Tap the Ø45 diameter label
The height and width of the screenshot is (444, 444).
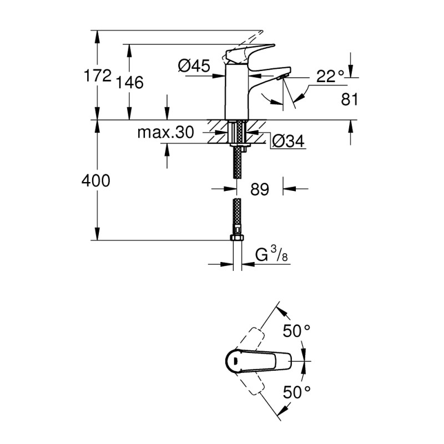194,66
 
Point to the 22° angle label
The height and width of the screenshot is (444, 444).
331,77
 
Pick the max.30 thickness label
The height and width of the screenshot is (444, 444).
165,133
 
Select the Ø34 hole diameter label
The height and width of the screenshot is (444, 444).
288,142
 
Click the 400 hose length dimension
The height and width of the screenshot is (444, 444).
95,180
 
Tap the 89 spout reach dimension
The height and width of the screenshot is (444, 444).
259,189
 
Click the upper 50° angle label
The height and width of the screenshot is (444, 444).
296,331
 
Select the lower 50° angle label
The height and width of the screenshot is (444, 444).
296,392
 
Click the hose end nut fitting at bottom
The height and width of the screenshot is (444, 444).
237,239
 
